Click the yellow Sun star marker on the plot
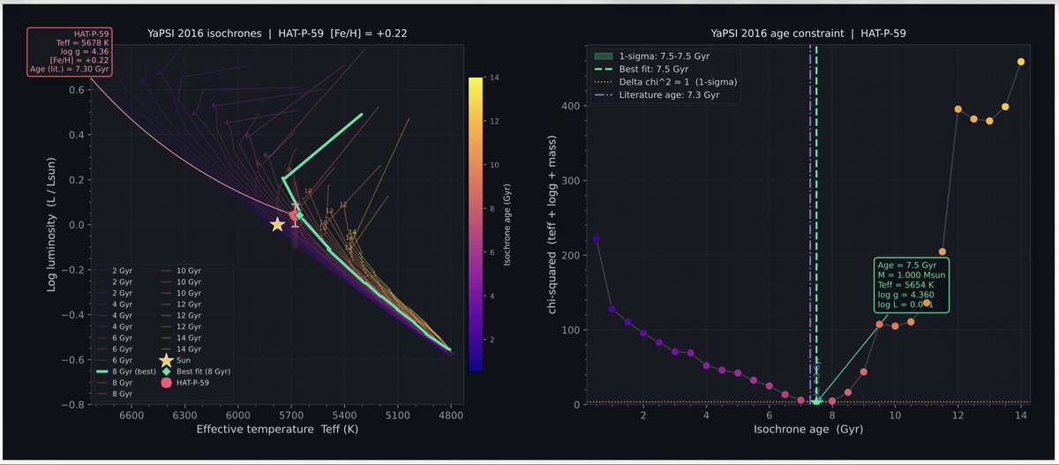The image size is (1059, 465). point(277,224)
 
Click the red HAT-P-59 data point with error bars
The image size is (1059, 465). point(295,215)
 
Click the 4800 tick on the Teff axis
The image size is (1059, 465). point(451,414)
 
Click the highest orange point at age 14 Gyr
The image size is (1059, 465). point(1021,62)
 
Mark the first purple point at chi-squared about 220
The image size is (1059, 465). point(596,239)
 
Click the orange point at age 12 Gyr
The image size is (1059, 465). point(958,109)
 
